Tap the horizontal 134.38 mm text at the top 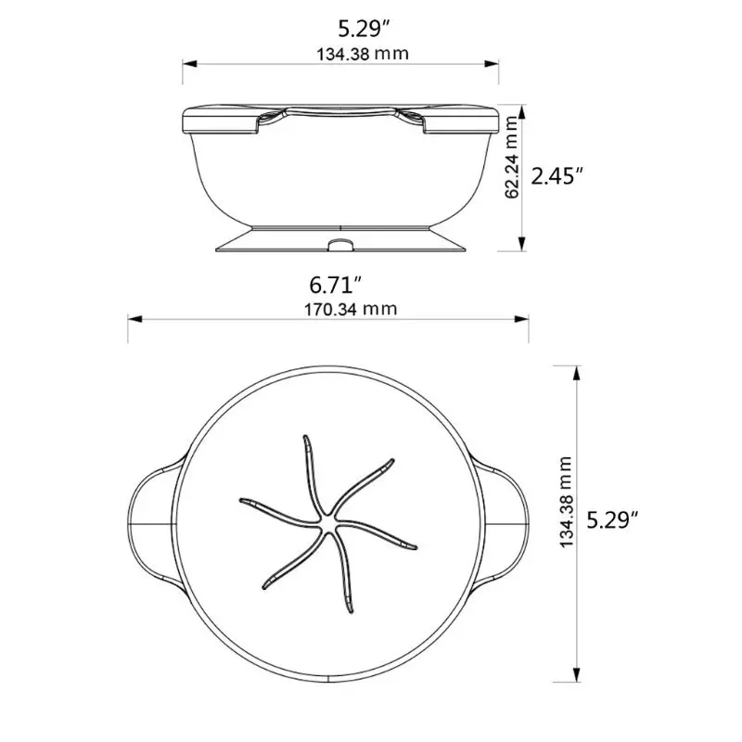340,53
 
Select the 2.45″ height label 556,175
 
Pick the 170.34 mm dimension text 329,308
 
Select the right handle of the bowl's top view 506,524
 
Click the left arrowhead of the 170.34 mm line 134,320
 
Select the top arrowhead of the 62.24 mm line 522,109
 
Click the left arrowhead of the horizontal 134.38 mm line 186,64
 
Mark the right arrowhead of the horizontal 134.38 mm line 496,64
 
